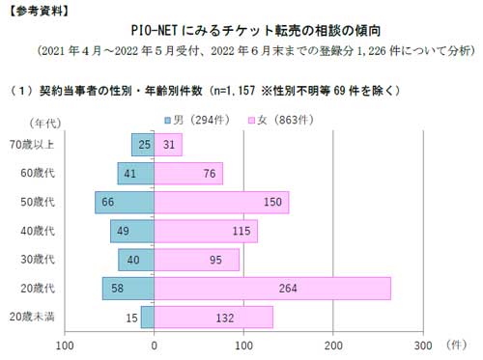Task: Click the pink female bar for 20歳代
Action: (272, 289)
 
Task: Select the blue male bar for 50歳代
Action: (125, 203)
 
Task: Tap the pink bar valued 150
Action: (221, 203)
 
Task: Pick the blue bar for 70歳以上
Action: (143, 145)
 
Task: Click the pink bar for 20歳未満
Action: (213, 318)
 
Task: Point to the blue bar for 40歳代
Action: (132, 232)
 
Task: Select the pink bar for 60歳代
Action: (188, 174)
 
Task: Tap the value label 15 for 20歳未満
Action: (130, 318)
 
